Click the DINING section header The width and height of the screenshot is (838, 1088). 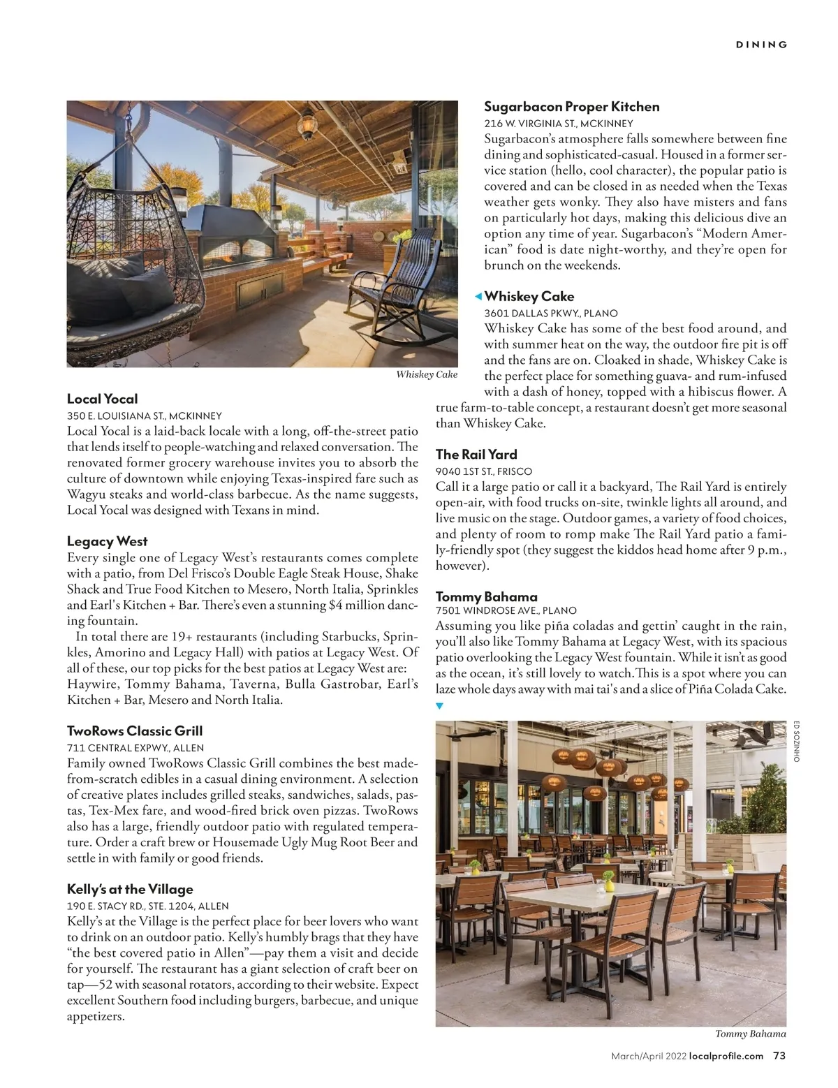(761, 45)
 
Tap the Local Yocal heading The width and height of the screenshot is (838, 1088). (102, 399)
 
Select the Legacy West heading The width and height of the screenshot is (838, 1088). (107, 541)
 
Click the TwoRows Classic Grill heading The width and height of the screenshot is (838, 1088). (135, 731)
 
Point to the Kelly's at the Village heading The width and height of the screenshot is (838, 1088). (130, 889)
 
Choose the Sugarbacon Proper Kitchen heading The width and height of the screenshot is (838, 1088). (571, 107)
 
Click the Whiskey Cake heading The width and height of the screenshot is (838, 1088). (529, 296)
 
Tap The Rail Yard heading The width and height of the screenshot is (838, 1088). (476, 454)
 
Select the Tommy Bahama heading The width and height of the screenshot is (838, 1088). (486, 596)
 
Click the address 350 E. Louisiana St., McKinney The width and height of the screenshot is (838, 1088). (144, 416)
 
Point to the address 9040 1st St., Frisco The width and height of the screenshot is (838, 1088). (483, 471)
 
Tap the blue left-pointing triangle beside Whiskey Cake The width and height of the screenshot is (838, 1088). (478, 297)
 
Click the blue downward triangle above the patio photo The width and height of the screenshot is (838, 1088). (439, 706)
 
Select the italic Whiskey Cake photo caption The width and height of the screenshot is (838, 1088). (426, 374)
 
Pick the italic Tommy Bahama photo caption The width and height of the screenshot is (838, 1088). (750, 1034)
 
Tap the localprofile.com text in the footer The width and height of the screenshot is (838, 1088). (726, 1056)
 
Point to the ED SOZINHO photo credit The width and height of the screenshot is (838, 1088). (797, 741)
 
